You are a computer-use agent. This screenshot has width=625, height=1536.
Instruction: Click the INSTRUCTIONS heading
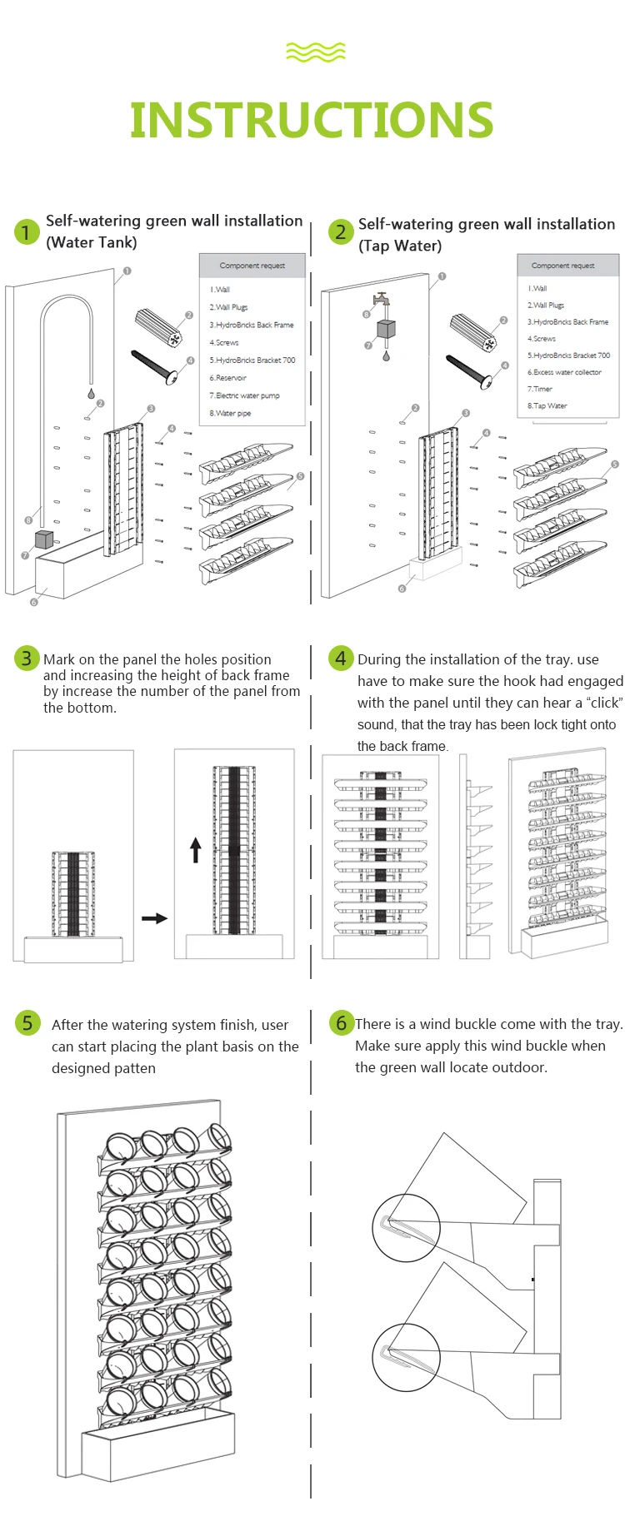pos(312,120)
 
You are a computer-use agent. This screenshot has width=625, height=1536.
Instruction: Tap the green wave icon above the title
pos(315,52)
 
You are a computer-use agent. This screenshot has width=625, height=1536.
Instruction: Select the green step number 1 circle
pos(27,231)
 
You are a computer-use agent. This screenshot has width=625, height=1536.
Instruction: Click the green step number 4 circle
pos(340,659)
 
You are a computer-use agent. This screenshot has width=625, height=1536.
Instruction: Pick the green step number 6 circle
pos(340,1022)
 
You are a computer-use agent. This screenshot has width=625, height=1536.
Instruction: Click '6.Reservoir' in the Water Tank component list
pos(228,378)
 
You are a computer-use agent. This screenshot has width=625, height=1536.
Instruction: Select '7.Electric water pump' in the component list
pos(244,395)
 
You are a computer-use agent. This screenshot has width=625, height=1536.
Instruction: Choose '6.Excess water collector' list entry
pos(564,372)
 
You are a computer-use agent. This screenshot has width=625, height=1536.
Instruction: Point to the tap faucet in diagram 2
pos(381,301)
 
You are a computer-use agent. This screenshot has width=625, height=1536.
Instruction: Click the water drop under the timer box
pos(385,355)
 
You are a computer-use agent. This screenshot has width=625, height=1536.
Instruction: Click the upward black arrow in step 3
pos(196,850)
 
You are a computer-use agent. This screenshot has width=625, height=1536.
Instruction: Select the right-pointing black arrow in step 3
pos(154,918)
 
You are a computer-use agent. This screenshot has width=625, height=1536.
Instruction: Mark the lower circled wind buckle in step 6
pos(406,1357)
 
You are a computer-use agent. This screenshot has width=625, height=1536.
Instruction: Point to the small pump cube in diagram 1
pos(44,539)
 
